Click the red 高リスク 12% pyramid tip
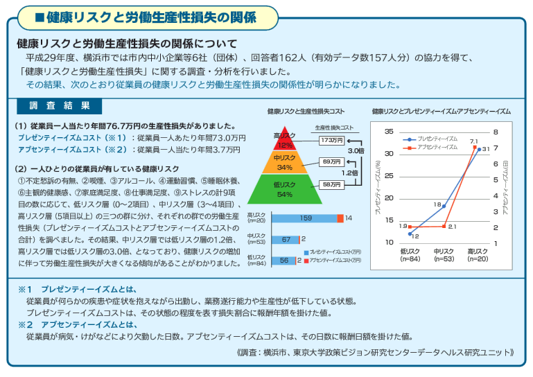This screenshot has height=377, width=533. click(x=285, y=139)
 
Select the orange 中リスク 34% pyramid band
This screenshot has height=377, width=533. click(x=285, y=163)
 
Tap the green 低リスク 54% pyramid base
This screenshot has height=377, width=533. click(x=285, y=190)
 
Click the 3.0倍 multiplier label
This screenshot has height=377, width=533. click(x=356, y=150)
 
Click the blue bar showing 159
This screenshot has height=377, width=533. click(x=305, y=218)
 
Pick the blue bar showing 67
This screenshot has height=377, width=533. click(x=285, y=239)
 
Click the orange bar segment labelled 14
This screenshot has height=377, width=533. click(x=340, y=218)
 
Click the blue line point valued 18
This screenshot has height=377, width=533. click(x=444, y=207)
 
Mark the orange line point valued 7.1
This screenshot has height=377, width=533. click(x=474, y=147)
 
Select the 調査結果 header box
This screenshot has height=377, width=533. click(x=59, y=106)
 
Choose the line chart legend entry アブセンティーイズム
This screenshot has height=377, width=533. click(x=437, y=147)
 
